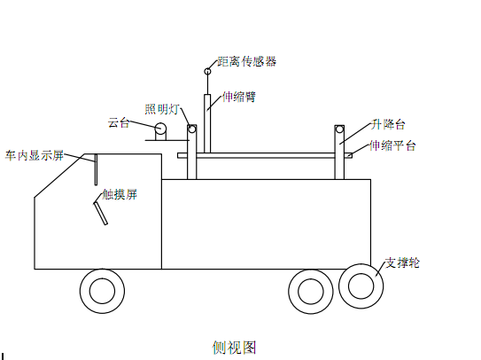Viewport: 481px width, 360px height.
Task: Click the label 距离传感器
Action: (x=247, y=62)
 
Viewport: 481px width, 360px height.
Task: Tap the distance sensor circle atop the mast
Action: (x=207, y=72)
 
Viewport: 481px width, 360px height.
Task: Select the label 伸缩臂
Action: (x=238, y=97)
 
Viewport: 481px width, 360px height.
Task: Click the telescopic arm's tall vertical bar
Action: (x=207, y=123)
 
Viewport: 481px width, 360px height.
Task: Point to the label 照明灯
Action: (x=162, y=109)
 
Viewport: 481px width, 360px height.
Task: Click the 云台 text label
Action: (x=119, y=123)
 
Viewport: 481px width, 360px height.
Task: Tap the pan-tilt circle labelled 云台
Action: (x=160, y=129)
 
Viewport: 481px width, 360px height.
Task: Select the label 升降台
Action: (x=388, y=125)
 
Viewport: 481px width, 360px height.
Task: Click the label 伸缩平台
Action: (x=392, y=145)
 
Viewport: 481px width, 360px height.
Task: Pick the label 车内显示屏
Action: (x=35, y=156)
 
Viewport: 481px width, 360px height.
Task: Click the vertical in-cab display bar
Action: (x=96, y=169)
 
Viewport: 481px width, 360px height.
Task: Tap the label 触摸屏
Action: (x=120, y=194)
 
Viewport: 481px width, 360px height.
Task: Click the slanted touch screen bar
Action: (x=101, y=213)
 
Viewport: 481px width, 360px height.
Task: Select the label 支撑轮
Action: (x=402, y=263)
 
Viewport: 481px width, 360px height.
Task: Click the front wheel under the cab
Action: (x=102, y=291)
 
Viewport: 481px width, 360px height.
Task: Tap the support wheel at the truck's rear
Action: (x=361, y=286)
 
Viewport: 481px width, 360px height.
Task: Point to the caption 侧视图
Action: (x=234, y=348)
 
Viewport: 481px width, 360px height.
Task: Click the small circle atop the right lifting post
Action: (x=339, y=129)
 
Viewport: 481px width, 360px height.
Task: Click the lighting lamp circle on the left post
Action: (x=192, y=129)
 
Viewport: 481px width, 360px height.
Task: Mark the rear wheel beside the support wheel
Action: (x=311, y=292)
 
